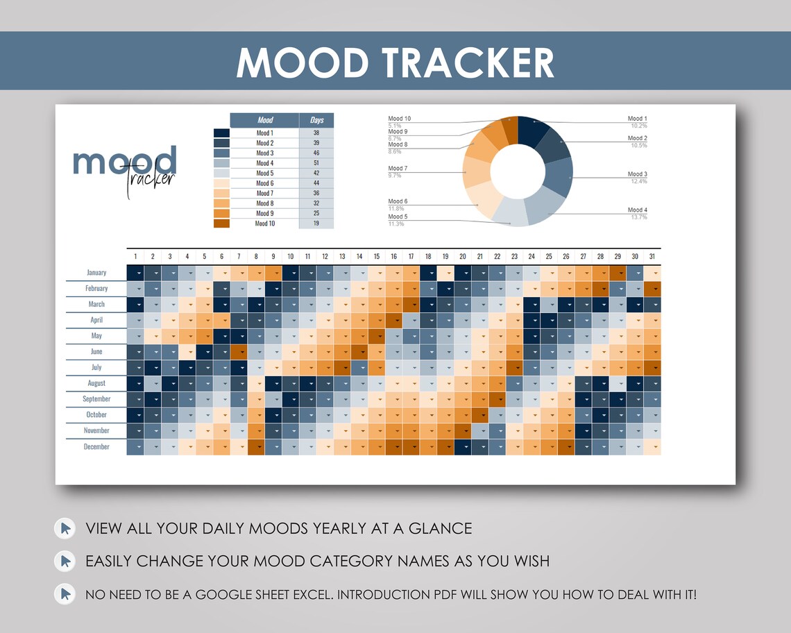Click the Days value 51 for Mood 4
(316, 163)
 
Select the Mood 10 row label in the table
(264, 223)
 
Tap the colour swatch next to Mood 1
(221, 133)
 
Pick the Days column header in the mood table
(316, 120)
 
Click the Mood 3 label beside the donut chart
(637, 174)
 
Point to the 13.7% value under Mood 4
(638, 217)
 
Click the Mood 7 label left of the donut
(398, 169)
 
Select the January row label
(96, 273)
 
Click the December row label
(96, 447)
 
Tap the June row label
(96, 352)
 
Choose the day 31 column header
(652, 257)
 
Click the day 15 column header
(377, 257)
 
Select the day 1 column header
(135, 257)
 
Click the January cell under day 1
(135, 273)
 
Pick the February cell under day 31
(652, 289)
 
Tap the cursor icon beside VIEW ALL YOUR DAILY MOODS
(65, 529)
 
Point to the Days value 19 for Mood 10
(316, 223)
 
